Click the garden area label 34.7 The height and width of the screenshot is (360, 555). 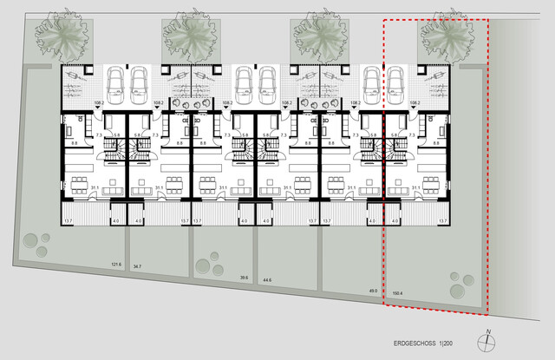coord(137,268)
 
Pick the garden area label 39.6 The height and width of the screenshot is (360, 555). coord(245,278)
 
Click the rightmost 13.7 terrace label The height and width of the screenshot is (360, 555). coord(442,222)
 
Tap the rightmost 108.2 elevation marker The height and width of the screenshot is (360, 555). coord(415,102)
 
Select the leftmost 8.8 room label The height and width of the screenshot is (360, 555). coord(74,144)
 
